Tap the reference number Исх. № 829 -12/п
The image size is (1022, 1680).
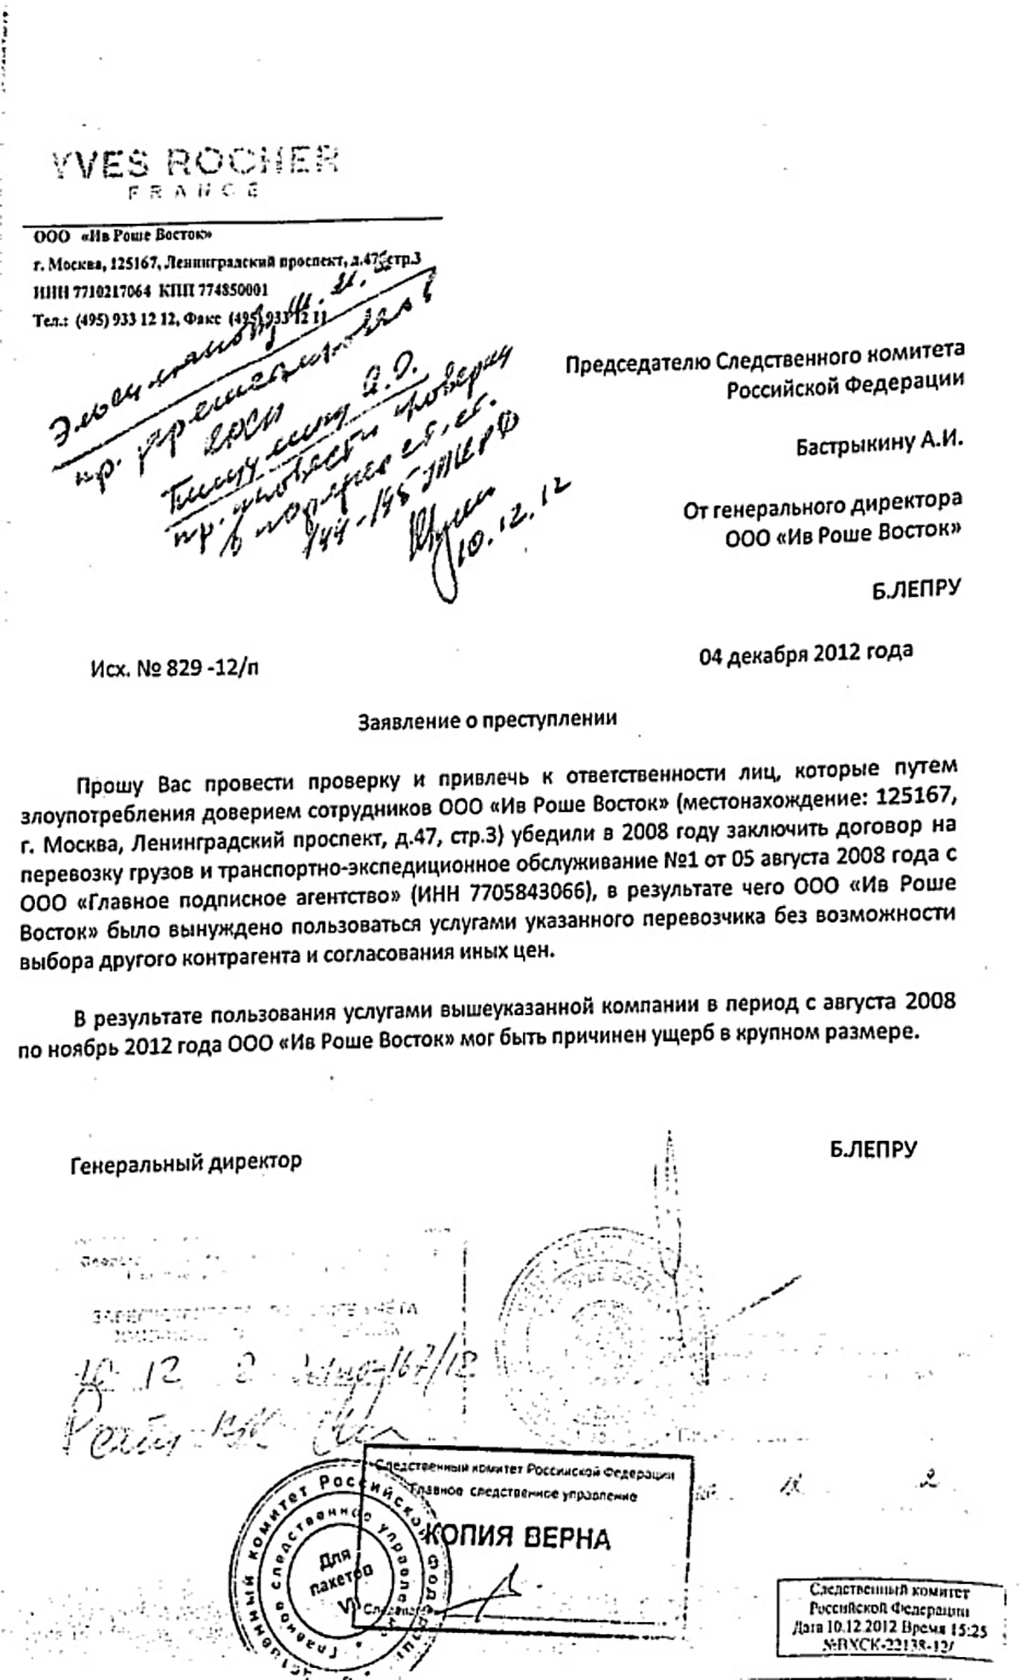174,668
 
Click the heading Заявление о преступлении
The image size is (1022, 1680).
487,720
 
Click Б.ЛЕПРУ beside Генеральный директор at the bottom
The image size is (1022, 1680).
874,1150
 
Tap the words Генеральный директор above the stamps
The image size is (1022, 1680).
186,1161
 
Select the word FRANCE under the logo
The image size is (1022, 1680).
193,192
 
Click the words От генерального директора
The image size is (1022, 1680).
823,505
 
